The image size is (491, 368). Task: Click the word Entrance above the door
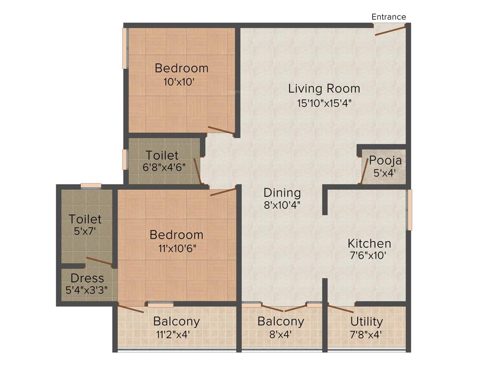point(388,17)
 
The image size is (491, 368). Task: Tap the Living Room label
point(324,89)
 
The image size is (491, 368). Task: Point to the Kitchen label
point(369,243)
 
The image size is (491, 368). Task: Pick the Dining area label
point(282,193)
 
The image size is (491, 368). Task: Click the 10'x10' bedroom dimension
point(179,81)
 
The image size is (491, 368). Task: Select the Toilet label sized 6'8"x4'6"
point(162,156)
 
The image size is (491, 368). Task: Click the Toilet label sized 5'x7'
point(85,219)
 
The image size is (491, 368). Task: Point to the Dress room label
point(87,278)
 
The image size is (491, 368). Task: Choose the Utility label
point(366,321)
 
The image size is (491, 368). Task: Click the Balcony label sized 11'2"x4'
point(176,321)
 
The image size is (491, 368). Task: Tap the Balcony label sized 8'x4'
point(281,321)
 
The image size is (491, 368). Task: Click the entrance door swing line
point(390,31)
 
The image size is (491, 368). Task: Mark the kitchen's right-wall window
point(409,210)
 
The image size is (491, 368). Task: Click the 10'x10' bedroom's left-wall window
point(125,48)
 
